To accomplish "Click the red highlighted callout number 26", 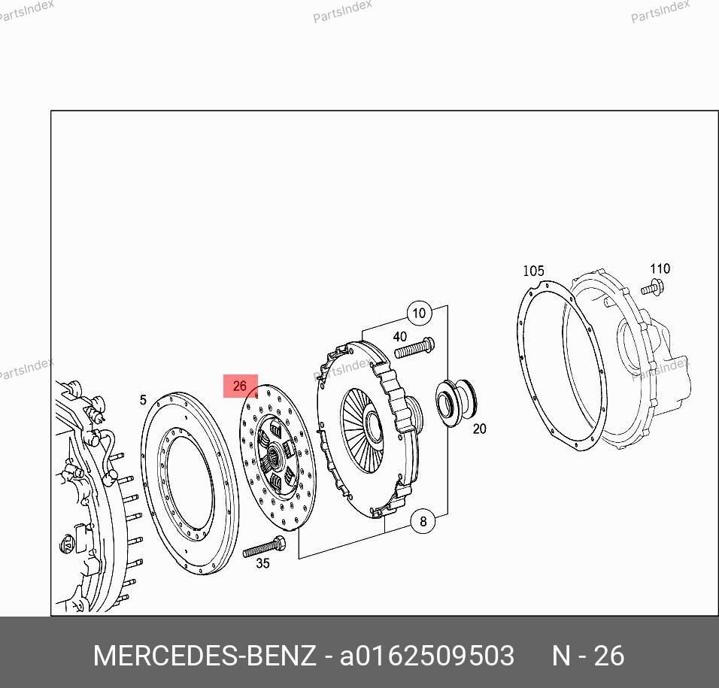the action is [x=240, y=386].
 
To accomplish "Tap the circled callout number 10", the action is [x=419, y=314].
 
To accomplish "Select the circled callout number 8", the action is [x=423, y=521].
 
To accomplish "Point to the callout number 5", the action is [x=143, y=400].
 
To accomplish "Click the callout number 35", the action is [x=262, y=563].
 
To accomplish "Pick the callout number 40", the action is [x=400, y=337].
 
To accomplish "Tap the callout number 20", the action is [x=479, y=429].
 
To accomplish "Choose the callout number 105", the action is [x=534, y=271].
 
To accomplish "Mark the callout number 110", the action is [x=660, y=268].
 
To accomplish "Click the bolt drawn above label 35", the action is [x=264, y=546].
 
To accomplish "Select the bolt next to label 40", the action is [x=414, y=348].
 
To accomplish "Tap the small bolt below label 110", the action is [x=652, y=287].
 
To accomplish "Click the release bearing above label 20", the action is [x=457, y=403].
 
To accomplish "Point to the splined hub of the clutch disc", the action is [x=273, y=456].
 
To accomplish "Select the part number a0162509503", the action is [x=427, y=656].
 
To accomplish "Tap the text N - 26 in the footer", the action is [x=588, y=656].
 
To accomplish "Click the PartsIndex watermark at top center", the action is [x=342, y=11].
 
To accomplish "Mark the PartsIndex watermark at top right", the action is [x=660, y=11].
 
